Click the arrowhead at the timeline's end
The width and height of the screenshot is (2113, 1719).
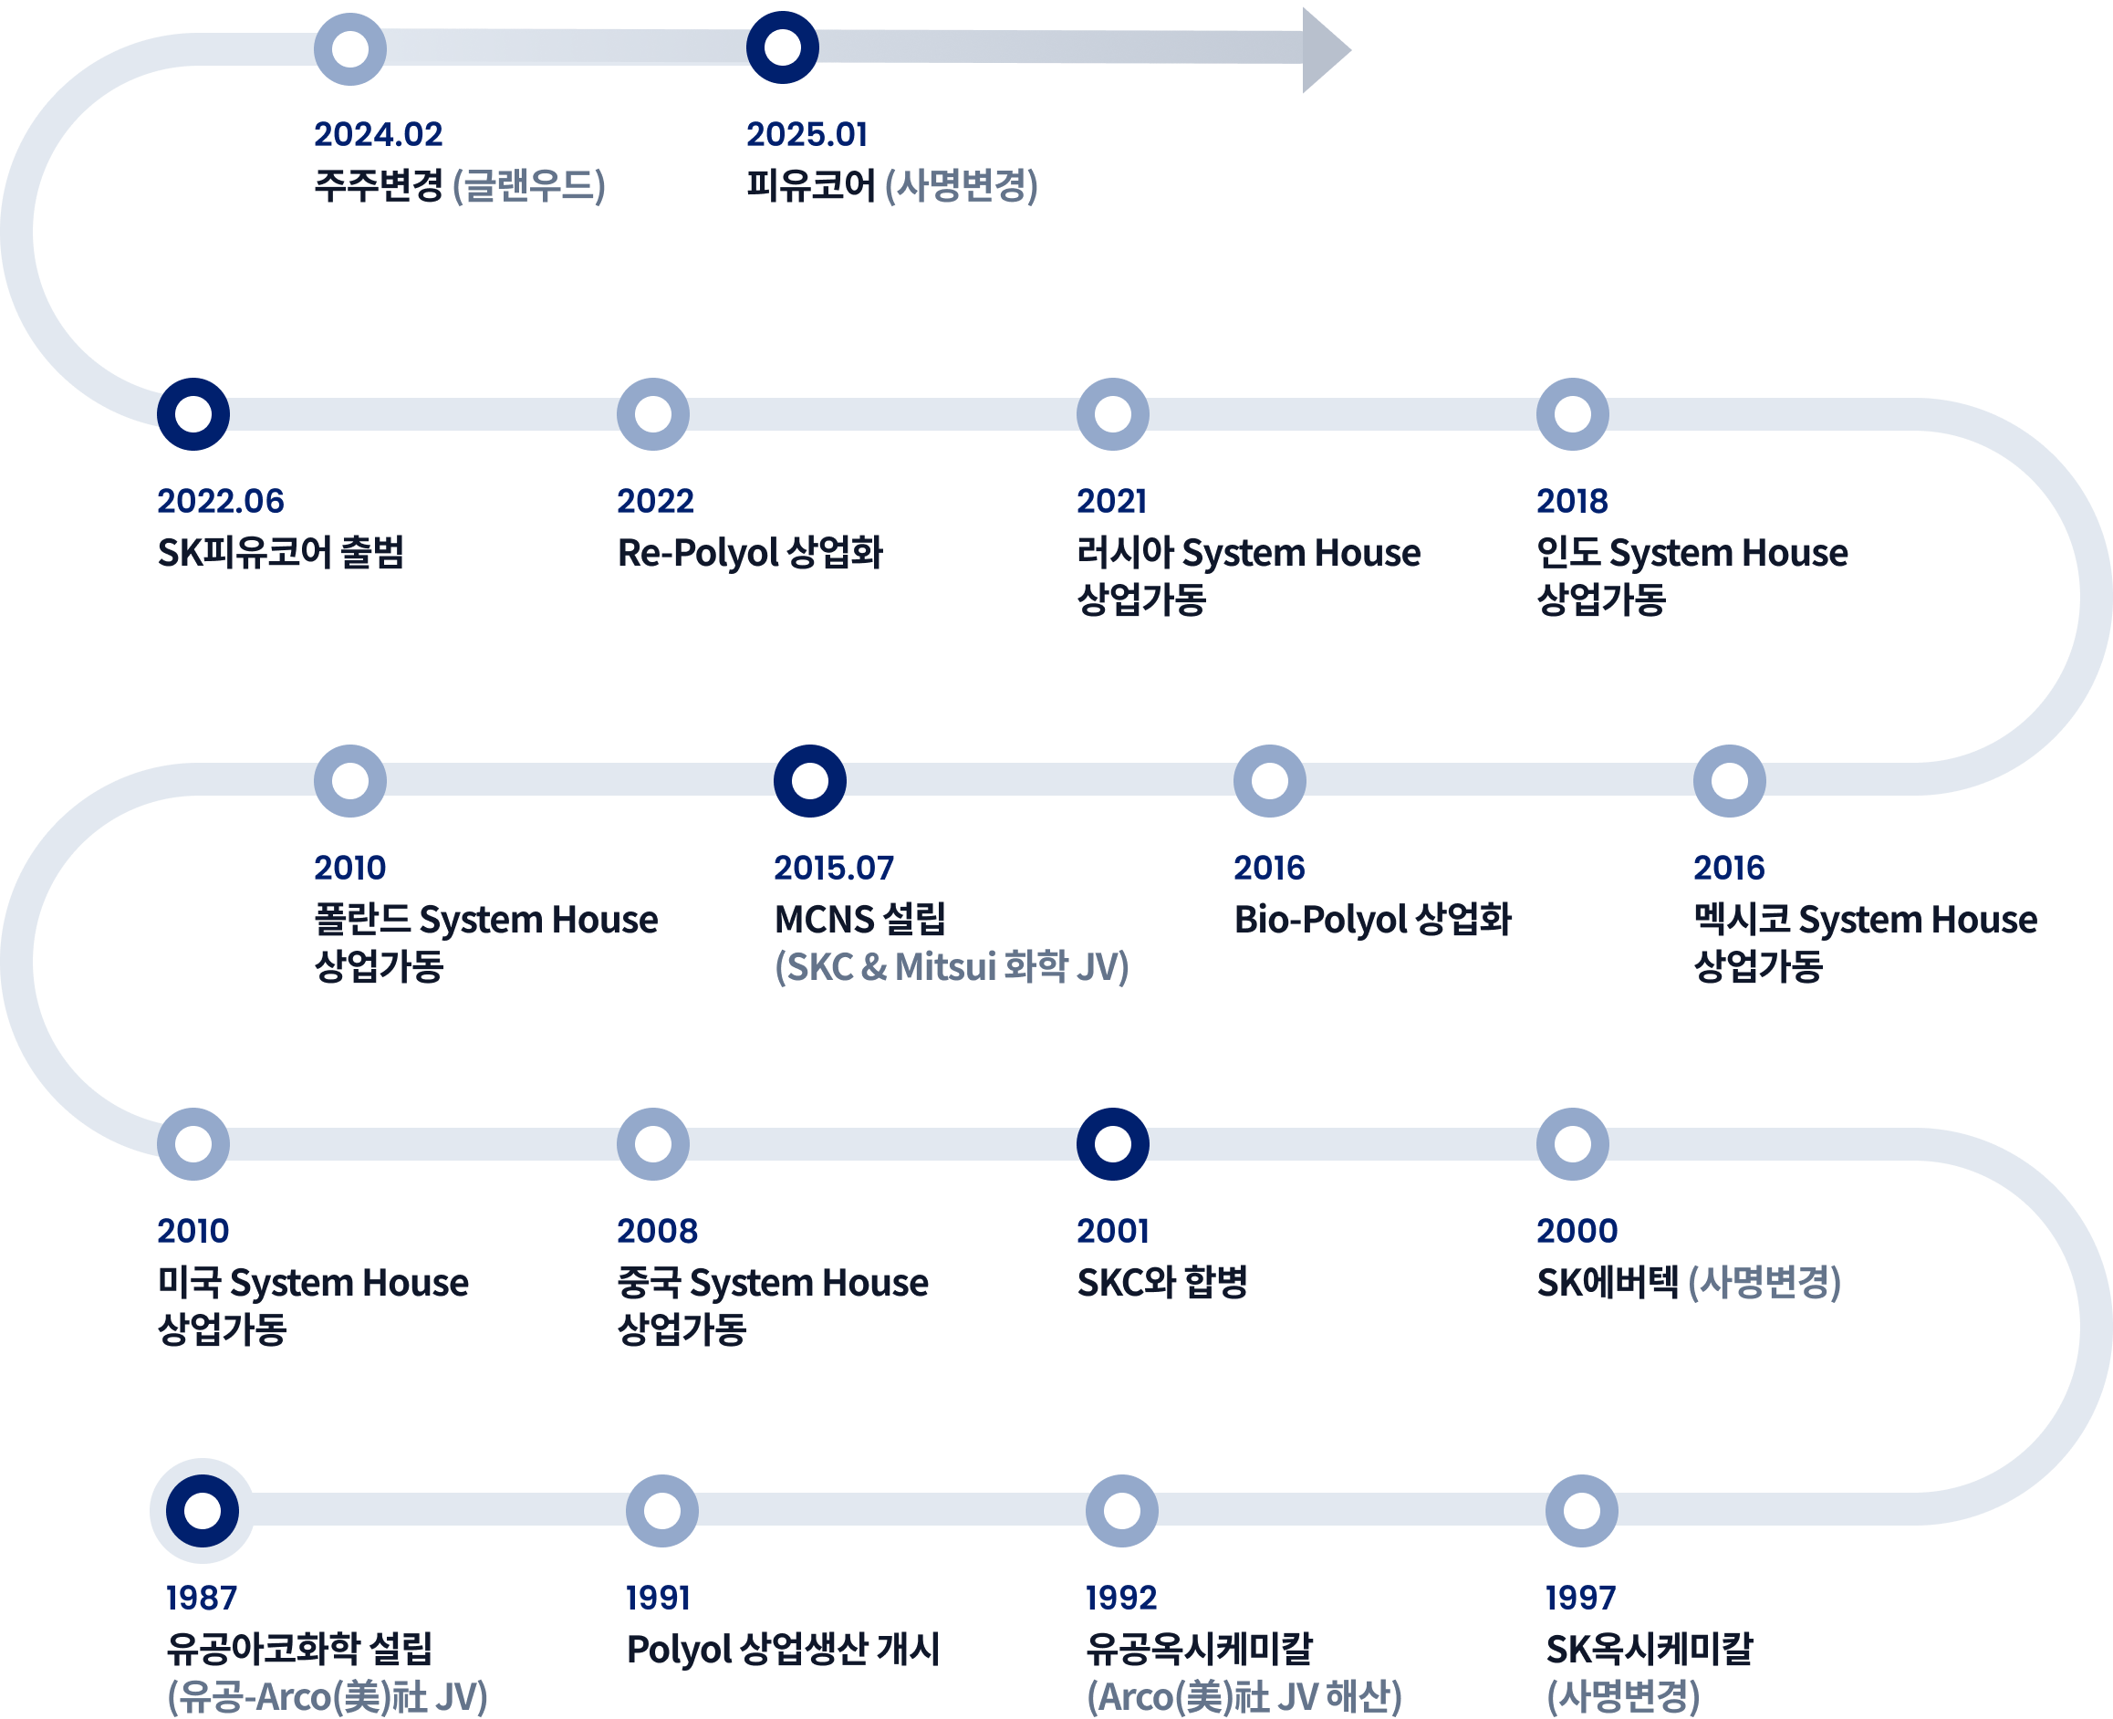(x=1324, y=49)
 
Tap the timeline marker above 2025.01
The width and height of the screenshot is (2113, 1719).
(x=782, y=47)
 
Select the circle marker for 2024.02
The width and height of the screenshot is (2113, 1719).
(x=349, y=48)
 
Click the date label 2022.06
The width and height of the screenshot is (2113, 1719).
(x=221, y=501)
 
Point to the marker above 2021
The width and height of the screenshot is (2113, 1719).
(x=1113, y=414)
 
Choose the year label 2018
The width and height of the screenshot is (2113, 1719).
(x=1571, y=501)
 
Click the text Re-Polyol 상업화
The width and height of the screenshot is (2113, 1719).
(x=750, y=553)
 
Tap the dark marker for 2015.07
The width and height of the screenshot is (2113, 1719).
(x=810, y=780)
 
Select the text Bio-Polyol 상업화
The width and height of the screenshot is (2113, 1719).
(x=1372, y=919)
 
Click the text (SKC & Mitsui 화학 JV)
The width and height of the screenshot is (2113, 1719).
(x=952, y=966)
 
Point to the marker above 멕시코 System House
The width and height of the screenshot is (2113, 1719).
(x=1729, y=780)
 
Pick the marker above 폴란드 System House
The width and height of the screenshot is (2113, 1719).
(x=349, y=780)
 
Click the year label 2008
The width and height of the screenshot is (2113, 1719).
(x=658, y=1231)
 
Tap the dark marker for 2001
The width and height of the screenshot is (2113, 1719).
(x=1113, y=1143)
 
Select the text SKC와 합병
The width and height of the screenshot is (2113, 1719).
(x=1161, y=1282)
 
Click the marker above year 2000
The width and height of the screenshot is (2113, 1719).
(x=1572, y=1143)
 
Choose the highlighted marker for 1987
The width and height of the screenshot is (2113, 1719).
(x=202, y=1510)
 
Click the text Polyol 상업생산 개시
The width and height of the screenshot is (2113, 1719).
(x=782, y=1649)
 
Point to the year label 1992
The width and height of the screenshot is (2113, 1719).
(x=1121, y=1598)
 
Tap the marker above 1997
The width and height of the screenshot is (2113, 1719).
(x=1581, y=1510)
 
